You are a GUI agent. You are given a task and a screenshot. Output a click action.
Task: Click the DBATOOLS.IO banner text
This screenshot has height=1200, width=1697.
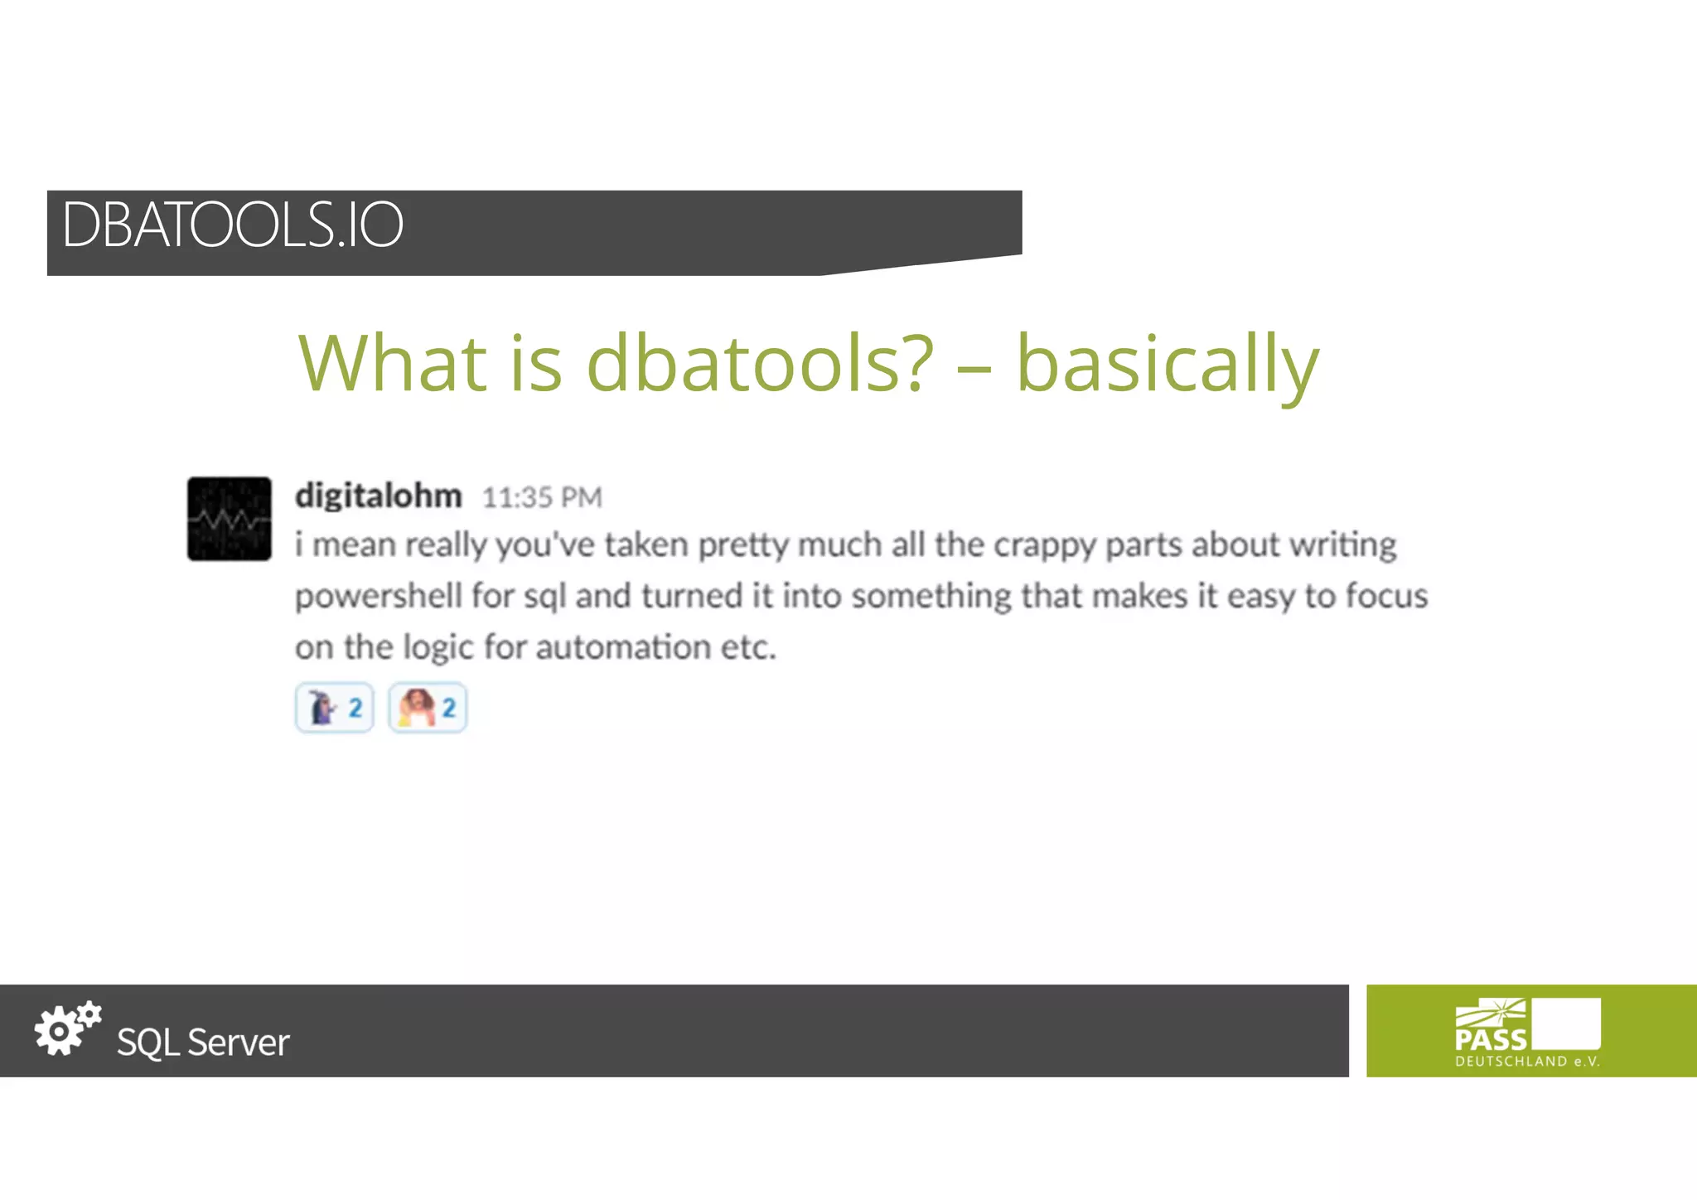(x=232, y=225)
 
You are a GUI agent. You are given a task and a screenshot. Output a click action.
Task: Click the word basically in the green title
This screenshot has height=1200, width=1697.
(x=1167, y=365)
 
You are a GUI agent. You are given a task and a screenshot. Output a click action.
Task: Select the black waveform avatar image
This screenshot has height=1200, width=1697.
(x=230, y=519)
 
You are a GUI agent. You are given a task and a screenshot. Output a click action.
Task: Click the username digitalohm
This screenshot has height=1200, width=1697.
(x=379, y=496)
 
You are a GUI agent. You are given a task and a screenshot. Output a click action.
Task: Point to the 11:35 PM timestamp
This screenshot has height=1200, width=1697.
(x=542, y=497)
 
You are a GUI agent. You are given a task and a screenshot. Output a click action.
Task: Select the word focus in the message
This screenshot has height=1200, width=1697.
(x=1386, y=596)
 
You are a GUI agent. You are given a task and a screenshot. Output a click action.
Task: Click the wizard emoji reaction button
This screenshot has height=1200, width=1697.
(x=334, y=708)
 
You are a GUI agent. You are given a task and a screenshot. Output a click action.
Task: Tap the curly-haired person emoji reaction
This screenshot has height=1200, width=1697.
(x=428, y=708)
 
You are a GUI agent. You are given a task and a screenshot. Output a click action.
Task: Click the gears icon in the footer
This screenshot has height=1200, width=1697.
(x=67, y=1028)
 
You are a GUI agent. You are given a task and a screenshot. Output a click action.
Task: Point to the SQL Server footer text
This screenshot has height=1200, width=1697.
(x=203, y=1043)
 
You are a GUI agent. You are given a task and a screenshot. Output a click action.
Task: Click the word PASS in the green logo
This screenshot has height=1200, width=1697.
(x=1491, y=1039)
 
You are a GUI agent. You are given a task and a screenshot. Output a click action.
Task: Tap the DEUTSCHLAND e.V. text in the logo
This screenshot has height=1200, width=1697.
(x=1527, y=1062)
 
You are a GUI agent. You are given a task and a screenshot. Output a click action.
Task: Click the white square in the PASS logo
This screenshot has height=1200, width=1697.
(x=1566, y=1023)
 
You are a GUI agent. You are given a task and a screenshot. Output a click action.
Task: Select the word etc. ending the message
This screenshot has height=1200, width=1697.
(x=747, y=647)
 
